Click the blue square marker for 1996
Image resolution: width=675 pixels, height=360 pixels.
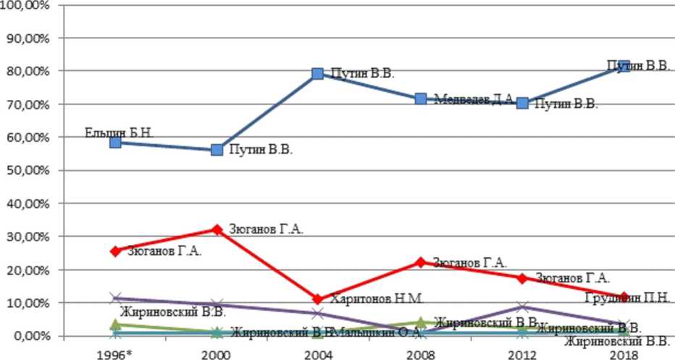115,143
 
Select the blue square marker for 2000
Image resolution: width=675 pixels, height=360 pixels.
217,150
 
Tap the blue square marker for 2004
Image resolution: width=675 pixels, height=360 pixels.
317,74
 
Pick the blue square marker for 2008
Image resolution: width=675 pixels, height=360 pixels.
421,99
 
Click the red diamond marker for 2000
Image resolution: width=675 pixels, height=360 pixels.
217,230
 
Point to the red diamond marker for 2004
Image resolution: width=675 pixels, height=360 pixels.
317,299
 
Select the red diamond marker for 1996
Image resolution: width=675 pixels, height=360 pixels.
115,251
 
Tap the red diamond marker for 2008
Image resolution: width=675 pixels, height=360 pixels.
421,262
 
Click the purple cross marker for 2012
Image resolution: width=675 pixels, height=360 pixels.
522,307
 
